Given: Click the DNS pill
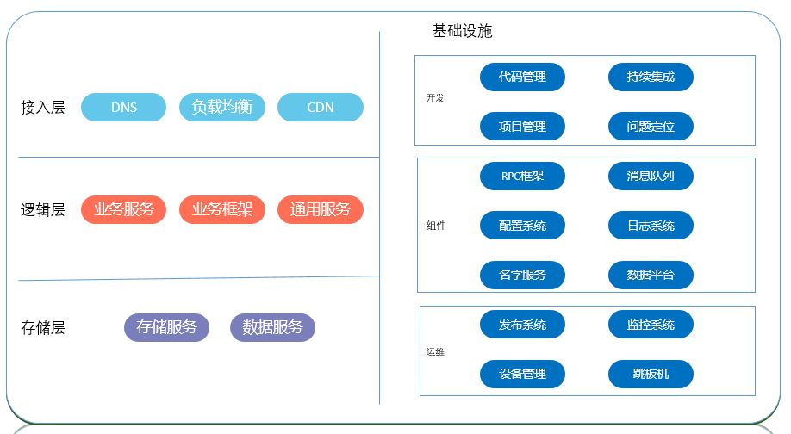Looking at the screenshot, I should tap(123, 108).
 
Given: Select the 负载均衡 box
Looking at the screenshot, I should tap(222, 108).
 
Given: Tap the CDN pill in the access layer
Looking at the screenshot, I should tap(321, 108).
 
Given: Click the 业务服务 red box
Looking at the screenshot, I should tap(123, 209).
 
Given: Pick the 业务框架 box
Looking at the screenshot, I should tap(222, 209).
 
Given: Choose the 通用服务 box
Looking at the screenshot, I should tap(321, 209).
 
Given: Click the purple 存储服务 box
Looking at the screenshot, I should tap(166, 327).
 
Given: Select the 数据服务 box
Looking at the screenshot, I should tap(272, 327).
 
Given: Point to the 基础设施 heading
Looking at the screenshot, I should tap(462, 31).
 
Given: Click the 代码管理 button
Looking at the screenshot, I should tap(522, 77).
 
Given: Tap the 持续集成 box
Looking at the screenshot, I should tap(651, 77).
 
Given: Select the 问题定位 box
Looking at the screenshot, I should tap(651, 127).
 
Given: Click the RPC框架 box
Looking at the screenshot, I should tap(522, 177).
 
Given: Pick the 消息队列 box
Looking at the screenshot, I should tap(651, 177).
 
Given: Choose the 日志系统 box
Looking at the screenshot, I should tap(651, 226).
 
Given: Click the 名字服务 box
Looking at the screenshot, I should tap(522, 276).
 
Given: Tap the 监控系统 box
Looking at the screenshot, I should tap(651, 325).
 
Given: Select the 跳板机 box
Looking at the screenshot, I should tap(651, 374).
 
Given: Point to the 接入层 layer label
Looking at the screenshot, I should tap(43, 108).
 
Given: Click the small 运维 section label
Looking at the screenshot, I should tap(435, 352).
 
